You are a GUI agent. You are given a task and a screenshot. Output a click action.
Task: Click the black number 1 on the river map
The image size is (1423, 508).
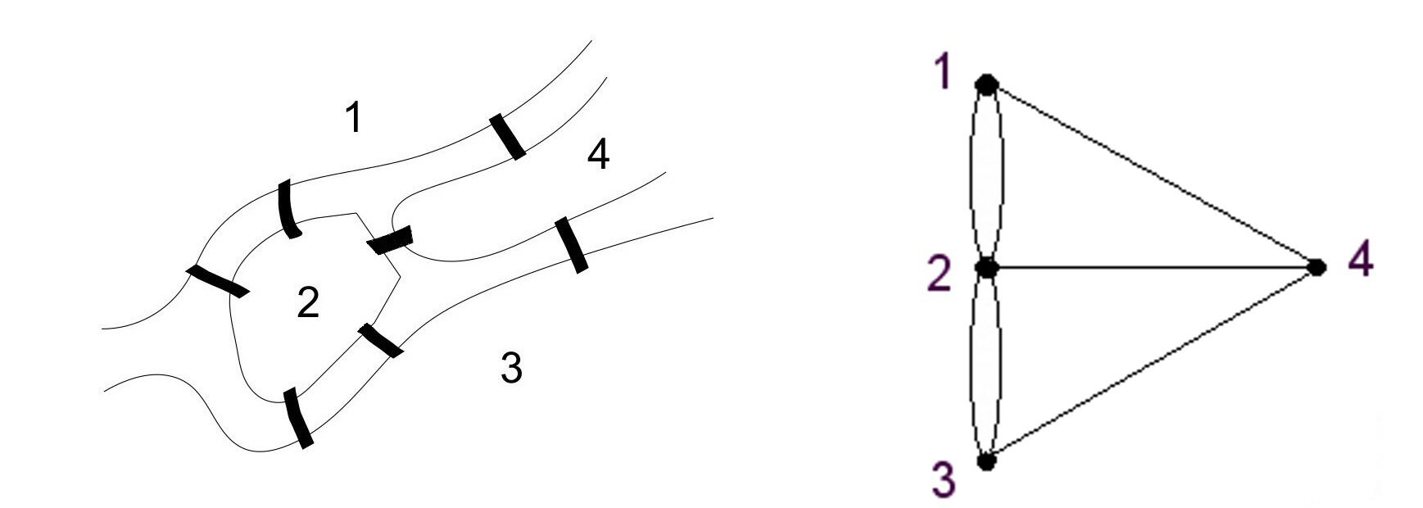tap(353, 118)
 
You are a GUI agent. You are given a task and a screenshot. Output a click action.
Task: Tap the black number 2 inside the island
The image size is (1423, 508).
tap(307, 303)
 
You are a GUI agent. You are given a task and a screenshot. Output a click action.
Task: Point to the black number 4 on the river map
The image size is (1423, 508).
tap(599, 154)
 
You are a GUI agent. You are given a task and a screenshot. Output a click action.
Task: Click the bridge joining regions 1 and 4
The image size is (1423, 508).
tap(508, 137)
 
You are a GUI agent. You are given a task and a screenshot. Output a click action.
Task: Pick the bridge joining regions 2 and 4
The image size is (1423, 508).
tap(390, 241)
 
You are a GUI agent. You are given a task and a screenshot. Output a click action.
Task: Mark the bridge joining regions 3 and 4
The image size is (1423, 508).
tap(570, 244)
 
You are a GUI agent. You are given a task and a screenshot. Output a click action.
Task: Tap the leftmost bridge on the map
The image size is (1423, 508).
tap(217, 281)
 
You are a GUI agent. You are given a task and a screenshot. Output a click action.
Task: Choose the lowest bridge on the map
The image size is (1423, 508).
tap(298, 418)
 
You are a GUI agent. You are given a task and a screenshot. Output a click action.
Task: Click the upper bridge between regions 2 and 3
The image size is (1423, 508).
tap(380, 340)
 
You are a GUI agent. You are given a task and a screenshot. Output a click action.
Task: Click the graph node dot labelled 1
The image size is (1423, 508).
tap(987, 84)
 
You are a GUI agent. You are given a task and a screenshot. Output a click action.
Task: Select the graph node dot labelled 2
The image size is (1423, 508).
tap(987, 267)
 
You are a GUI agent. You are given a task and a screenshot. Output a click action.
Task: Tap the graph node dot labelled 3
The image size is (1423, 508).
tap(987, 460)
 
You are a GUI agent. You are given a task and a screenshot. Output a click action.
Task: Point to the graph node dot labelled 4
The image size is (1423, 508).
tap(1317, 267)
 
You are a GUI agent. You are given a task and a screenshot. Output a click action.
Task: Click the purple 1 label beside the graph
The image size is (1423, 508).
tap(943, 74)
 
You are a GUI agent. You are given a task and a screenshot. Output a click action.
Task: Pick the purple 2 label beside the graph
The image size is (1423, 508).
tap(941, 274)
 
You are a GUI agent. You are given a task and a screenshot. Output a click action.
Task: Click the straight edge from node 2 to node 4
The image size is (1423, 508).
tap(1147, 267)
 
